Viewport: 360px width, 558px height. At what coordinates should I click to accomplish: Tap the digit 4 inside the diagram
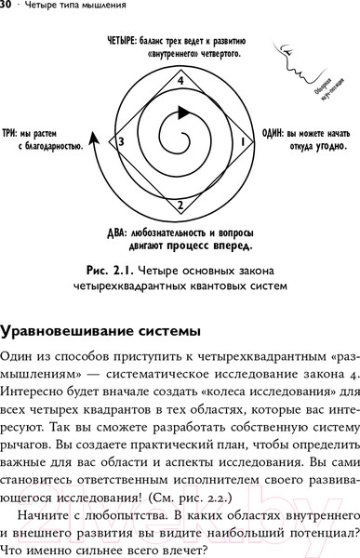click(180, 82)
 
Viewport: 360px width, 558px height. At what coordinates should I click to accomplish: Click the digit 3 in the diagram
click(120, 141)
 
